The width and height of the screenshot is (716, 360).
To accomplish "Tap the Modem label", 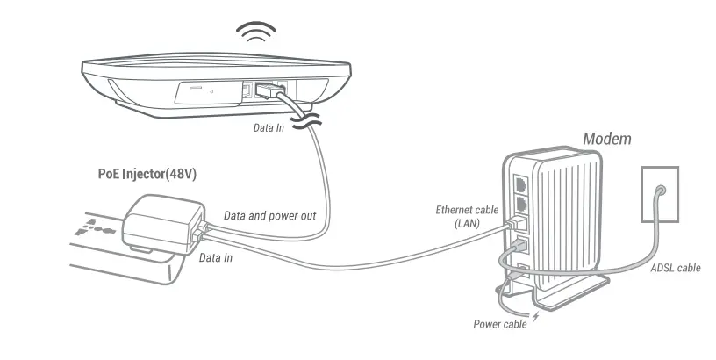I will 606,139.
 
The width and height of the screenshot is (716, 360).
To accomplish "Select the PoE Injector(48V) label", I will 147,174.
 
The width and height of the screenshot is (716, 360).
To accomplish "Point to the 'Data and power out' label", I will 269,214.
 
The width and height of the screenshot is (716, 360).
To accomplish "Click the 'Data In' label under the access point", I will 268,127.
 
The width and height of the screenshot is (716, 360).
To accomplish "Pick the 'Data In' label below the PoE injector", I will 216,258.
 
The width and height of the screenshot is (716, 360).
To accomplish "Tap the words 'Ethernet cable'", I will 468,210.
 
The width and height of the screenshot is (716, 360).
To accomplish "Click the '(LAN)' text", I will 468,224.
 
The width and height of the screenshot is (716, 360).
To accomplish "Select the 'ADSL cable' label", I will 675,268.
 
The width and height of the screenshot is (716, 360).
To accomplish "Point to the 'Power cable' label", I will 500,324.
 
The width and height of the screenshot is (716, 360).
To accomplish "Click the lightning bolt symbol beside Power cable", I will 536,316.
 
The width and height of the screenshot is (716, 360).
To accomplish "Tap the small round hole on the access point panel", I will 212,92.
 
